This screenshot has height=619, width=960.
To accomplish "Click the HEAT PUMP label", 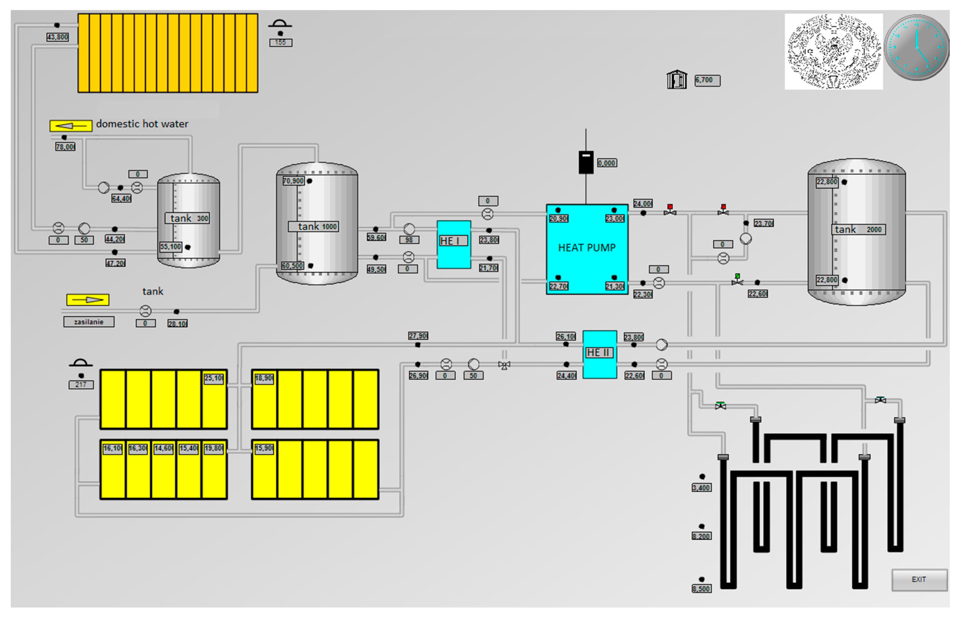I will [587, 248].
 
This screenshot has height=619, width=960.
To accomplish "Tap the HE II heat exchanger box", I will [599, 354].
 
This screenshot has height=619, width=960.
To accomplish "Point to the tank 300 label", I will [187, 218].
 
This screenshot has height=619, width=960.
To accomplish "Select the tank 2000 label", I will [858, 229].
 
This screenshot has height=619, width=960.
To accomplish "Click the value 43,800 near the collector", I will [58, 37].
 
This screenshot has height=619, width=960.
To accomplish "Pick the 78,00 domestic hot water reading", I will [65, 147].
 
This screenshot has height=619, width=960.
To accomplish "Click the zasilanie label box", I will [89, 322].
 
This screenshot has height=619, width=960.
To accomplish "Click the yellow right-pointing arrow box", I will [88, 299].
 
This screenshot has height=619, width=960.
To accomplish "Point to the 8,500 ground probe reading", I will [701, 589].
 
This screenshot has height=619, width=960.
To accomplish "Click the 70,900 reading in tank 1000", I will [293, 181].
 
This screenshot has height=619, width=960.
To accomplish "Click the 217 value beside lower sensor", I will [81, 385].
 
